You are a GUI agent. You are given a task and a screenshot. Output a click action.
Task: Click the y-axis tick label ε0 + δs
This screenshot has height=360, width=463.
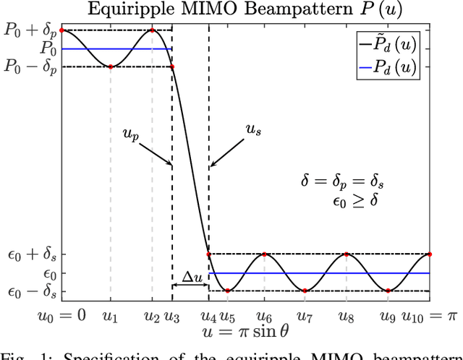pyautogui.click(x=31, y=254)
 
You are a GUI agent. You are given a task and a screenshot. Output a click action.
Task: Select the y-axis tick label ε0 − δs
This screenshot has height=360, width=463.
pyautogui.click(x=31, y=291)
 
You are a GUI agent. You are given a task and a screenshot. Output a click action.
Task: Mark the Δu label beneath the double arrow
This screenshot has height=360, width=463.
pyautogui.click(x=190, y=298)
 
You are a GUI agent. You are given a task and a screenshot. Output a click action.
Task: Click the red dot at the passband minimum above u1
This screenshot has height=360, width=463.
pyautogui.click(x=110, y=67)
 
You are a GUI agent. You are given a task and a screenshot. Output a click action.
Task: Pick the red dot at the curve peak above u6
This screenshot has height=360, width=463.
pyautogui.click(x=265, y=254)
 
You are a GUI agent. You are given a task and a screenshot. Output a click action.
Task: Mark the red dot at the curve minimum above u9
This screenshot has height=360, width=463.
pyautogui.click(x=388, y=291)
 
